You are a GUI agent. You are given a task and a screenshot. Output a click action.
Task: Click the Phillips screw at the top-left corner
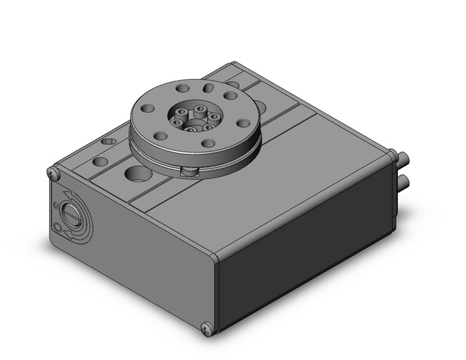click(54, 174)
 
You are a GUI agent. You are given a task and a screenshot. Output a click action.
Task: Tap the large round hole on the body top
click(138, 173)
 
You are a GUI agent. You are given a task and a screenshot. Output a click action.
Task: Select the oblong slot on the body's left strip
click(109, 142)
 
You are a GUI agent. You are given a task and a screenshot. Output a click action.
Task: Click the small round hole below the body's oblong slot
click(100, 162)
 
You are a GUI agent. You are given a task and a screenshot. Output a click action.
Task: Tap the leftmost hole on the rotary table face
click(148, 109)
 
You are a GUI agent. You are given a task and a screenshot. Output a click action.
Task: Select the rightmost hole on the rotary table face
click(243, 123)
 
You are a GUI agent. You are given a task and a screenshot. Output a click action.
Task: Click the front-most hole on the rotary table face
click(208, 144)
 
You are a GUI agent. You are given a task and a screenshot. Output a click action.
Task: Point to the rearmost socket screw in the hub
click(201, 109)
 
